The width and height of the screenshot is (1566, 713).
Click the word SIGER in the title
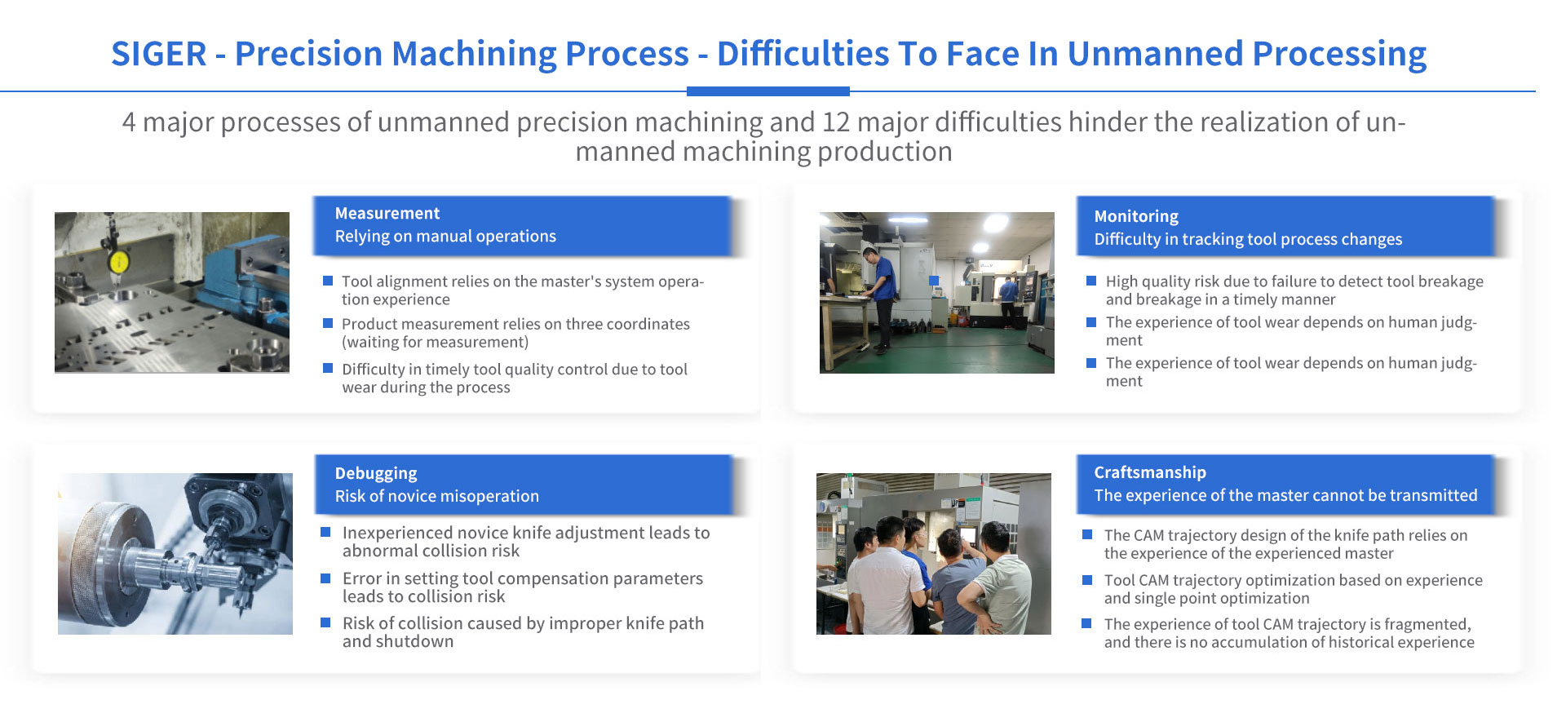(159, 54)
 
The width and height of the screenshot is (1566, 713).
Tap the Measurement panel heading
(387, 213)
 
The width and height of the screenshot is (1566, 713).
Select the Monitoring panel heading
(1136, 216)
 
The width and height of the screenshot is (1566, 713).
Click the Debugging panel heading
(376, 473)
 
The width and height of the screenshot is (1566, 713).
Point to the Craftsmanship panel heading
(1150, 472)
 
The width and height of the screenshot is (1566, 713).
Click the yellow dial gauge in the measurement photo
(119, 262)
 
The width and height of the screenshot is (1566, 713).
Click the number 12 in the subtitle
(836, 122)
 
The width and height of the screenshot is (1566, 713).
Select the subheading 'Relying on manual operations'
(445, 237)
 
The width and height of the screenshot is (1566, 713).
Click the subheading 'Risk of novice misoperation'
(437, 496)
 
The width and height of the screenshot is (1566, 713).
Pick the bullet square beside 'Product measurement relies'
(328, 323)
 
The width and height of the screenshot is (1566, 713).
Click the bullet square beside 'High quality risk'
(1091, 281)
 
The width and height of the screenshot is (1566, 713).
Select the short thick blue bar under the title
(768, 91)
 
